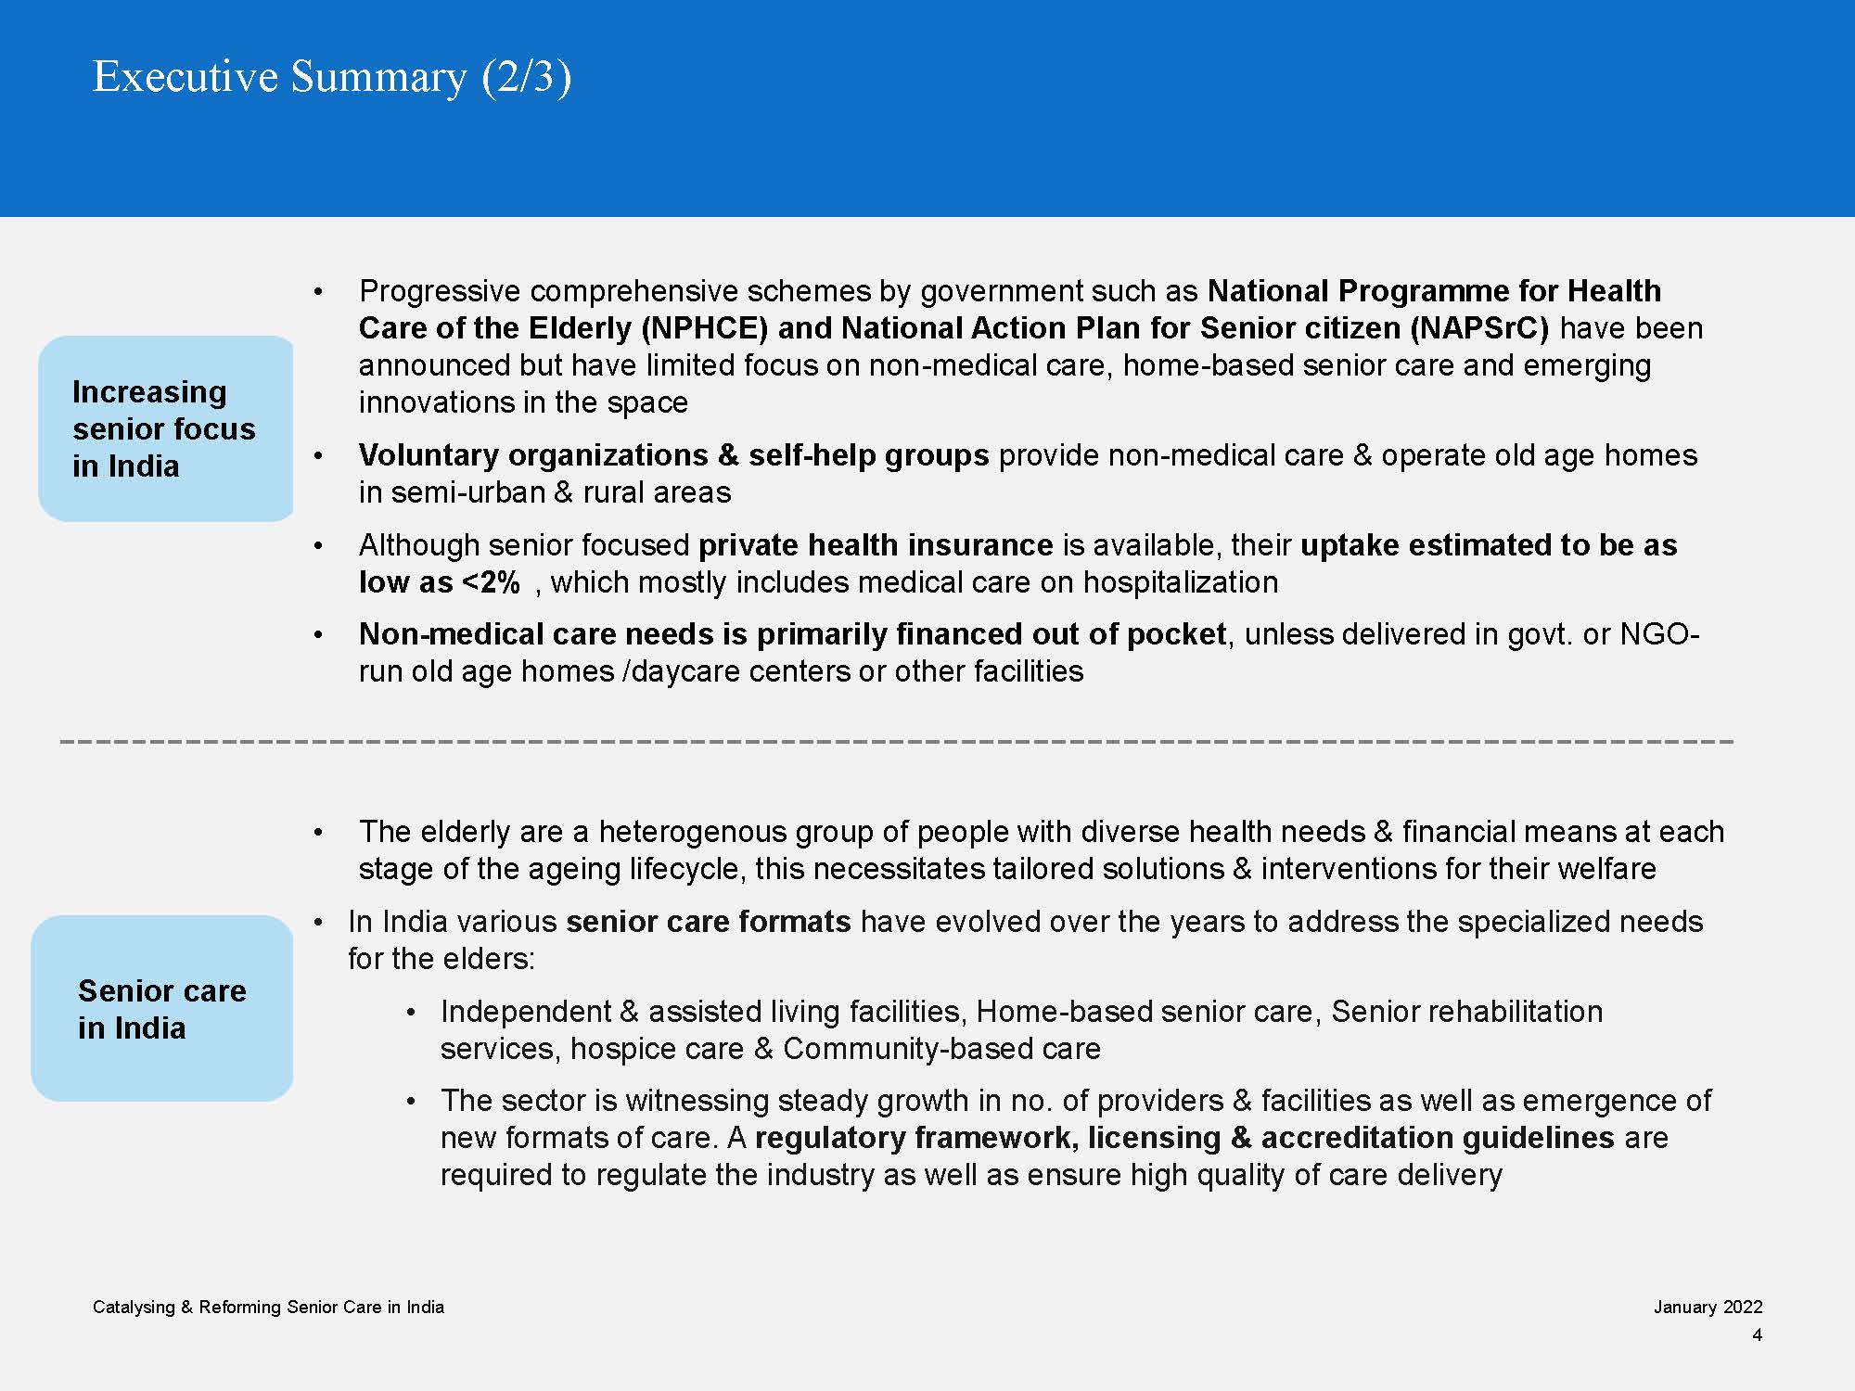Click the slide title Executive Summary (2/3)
click(x=332, y=76)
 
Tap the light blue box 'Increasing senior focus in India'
click(x=165, y=428)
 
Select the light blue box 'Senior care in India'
click(x=162, y=1009)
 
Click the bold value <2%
click(x=491, y=582)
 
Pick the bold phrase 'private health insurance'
click(x=876, y=545)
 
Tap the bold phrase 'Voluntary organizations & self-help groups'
click(x=673, y=455)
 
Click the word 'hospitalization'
click(x=1180, y=582)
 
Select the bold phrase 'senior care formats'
click(x=709, y=922)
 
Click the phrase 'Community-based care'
click(x=941, y=1049)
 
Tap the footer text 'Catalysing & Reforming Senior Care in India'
click(x=268, y=1308)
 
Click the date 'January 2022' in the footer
click(x=1708, y=1308)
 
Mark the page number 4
click(x=1757, y=1335)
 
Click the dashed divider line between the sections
click(x=896, y=742)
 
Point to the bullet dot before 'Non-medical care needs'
click(x=318, y=635)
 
